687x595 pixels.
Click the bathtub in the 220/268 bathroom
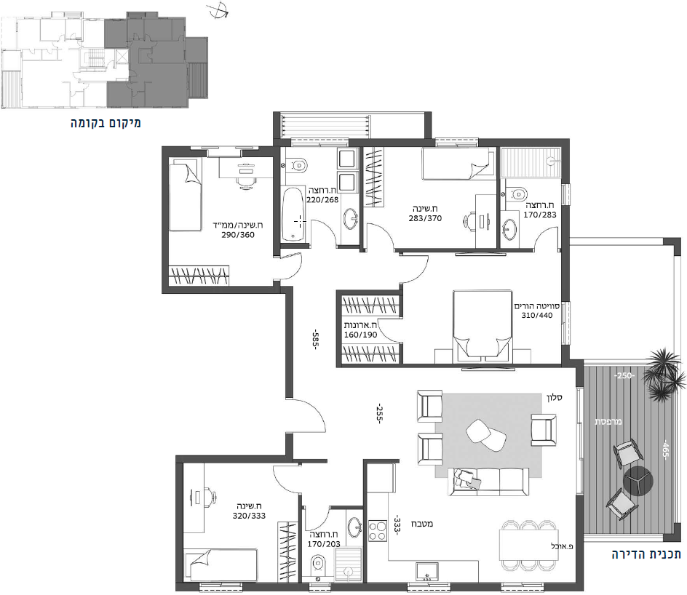point(293,213)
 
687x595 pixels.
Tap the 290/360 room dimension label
point(238,235)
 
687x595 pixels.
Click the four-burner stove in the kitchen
point(377,531)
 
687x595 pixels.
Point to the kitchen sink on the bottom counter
point(424,571)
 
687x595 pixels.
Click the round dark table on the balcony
point(638,482)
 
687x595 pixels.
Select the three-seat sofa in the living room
point(488,482)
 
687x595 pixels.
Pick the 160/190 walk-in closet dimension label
point(360,335)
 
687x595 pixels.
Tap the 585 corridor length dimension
point(314,339)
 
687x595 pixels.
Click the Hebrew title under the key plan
point(106,123)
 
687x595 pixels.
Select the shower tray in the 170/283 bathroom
point(531,162)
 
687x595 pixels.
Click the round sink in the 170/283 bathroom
point(509,228)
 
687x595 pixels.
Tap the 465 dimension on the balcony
point(665,450)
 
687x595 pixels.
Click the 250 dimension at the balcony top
point(624,375)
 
